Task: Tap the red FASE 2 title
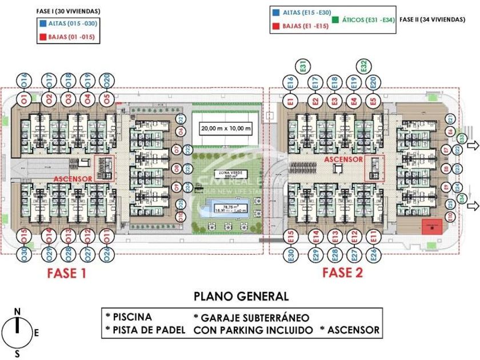342,272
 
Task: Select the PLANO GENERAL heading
241,296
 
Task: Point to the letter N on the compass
17,311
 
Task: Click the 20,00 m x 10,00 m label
226,129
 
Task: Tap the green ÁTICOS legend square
335,19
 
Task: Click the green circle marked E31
303,66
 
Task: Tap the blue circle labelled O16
23,80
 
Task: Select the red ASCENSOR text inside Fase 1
73,179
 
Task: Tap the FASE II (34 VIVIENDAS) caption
432,19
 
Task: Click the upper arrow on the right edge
474,146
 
